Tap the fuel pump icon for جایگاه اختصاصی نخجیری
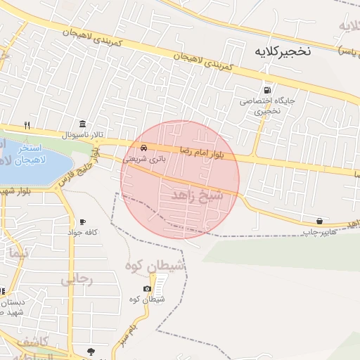(266, 90)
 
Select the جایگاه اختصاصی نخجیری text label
(259, 105)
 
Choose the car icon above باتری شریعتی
(144, 148)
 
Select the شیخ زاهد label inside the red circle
(197, 195)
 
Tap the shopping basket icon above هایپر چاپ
(320, 221)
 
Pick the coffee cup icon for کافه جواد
(83, 221)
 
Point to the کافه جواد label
(82, 233)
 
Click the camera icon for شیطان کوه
(147, 289)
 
